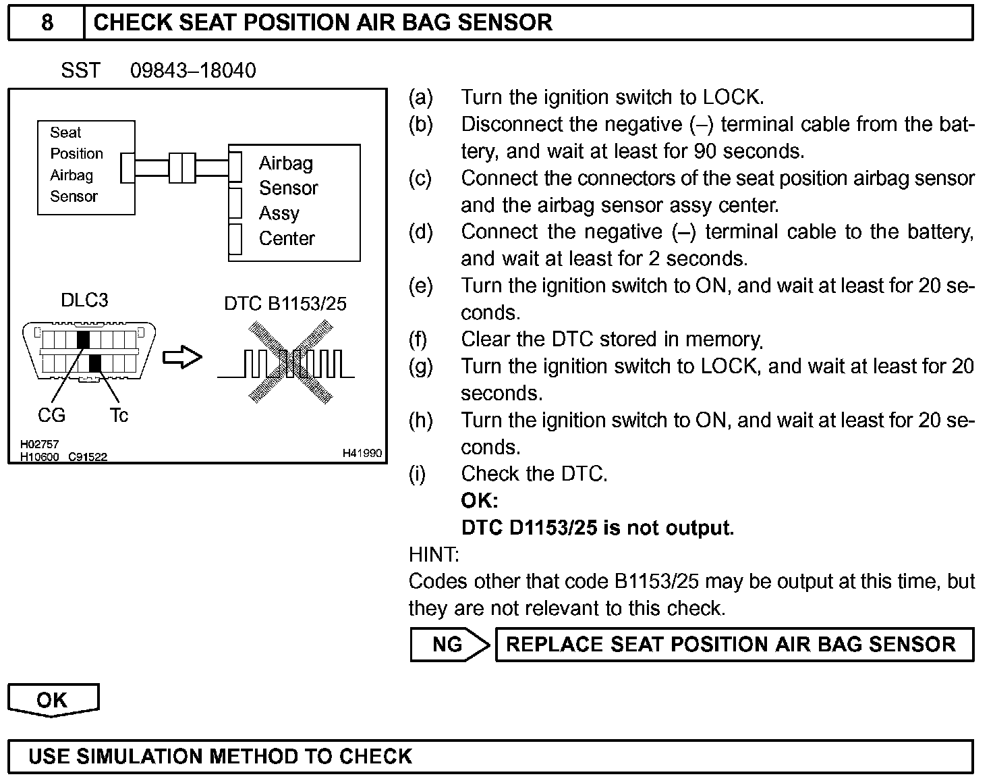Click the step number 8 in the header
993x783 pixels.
coord(47,23)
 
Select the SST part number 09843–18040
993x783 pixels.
coord(193,71)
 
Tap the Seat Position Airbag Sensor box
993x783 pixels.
coord(86,167)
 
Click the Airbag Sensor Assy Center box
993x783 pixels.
coord(294,202)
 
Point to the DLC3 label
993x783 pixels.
coord(84,300)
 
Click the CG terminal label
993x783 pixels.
coord(51,415)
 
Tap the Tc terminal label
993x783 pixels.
coord(119,415)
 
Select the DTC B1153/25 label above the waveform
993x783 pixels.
coord(285,304)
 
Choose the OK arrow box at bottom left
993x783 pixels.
coord(53,700)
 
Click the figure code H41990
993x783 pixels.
coord(362,453)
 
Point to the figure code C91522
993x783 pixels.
coord(88,457)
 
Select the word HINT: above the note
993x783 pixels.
coord(434,555)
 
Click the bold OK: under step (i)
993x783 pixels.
coord(480,501)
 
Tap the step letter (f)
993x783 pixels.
coord(419,340)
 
